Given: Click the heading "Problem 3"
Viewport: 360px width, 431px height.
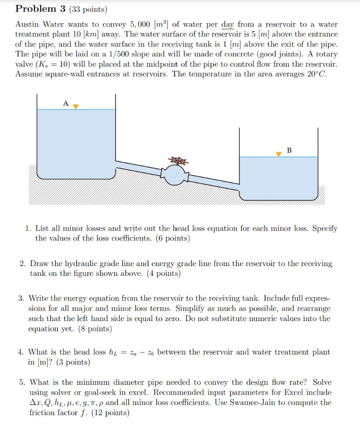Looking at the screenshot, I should point(39,9).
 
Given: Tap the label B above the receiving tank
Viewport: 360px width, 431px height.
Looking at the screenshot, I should point(289,151).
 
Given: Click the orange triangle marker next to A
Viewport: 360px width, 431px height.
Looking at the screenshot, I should point(75,106).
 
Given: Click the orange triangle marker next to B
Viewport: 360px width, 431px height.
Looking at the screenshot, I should point(279,154).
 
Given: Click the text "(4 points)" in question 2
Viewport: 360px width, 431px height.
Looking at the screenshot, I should point(163,274).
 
